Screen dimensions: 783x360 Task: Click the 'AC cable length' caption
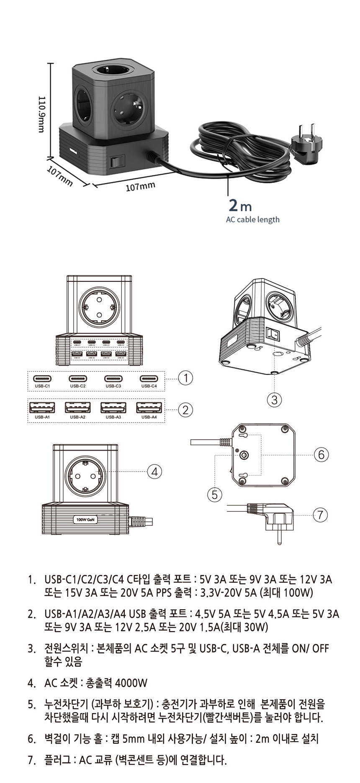[x=252, y=219]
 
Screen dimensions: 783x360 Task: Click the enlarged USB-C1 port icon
[x=42, y=379]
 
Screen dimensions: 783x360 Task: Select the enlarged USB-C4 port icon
[x=149, y=379]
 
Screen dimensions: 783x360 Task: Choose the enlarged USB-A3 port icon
[x=113, y=407]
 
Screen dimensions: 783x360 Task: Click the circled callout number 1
[x=185, y=378]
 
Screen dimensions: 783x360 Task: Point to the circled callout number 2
[x=185, y=410]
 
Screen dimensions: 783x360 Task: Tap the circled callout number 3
[x=274, y=400]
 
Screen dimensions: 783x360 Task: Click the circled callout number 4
[x=154, y=471]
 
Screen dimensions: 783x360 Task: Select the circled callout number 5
[x=214, y=495]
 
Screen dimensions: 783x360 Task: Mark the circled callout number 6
[x=321, y=454]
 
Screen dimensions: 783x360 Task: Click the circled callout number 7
[x=320, y=515]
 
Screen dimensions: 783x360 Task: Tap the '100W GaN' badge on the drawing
[x=85, y=519]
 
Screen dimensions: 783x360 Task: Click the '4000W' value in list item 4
[x=131, y=683]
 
